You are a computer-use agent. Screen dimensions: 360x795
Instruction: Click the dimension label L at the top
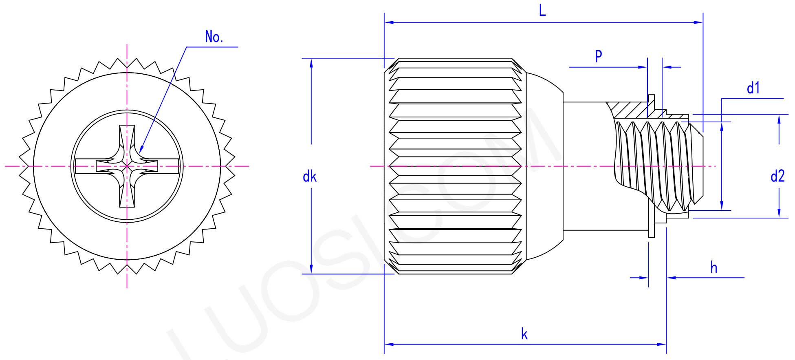pos(542,11)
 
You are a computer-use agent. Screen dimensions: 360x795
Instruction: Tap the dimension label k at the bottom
pos(524,334)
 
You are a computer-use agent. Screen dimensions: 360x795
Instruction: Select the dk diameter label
pos(310,177)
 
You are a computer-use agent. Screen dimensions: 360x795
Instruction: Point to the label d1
pos(753,88)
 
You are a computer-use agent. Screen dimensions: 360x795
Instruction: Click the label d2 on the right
pos(777,177)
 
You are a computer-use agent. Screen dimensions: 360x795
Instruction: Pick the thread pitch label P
pos(598,56)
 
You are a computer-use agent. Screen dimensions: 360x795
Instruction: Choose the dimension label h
pos(714,268)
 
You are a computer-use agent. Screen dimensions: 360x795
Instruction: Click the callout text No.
pos(214,37)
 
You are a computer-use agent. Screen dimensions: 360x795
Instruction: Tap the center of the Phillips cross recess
pos(127,166)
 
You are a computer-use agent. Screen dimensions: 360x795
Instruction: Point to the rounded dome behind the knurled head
pos(544,166)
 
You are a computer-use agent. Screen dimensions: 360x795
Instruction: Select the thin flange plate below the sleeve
pos(651,228)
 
